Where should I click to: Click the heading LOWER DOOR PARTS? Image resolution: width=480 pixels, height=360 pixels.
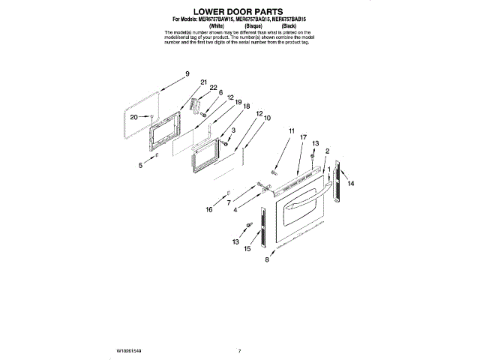click(239, 13)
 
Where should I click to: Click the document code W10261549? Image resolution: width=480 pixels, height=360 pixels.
click(129, 350)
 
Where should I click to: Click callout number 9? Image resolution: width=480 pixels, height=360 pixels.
click(187, 73)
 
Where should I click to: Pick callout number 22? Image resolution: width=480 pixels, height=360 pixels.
click(213, 88)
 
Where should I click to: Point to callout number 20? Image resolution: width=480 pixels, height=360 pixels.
click(133, 117)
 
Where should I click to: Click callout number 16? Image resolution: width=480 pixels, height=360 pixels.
click(210, 209)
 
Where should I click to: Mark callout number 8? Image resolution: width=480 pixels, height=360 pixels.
click(266, 260)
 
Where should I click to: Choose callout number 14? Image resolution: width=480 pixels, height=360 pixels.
click(350, 183)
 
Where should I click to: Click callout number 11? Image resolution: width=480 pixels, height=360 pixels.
click(291, 130)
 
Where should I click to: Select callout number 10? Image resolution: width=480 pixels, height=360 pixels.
click(267, 118)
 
